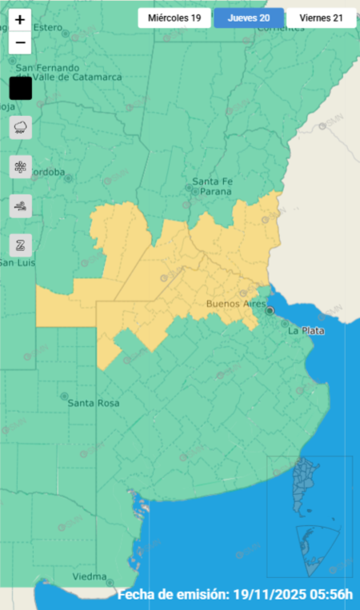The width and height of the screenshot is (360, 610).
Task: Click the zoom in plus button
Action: point(20,20)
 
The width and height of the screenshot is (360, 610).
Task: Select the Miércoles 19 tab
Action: point(174,18)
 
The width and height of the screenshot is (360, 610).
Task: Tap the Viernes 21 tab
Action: point(322,18)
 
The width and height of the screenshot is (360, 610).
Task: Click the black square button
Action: point(21,88)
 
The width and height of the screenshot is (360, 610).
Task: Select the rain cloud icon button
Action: point(21,127)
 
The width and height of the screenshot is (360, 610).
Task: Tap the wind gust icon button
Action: point(21,205)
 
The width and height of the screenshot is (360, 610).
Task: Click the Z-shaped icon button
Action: point(21,245)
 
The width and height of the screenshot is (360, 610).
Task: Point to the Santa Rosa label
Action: point(94,403)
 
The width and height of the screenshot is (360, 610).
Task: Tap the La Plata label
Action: point(306,330)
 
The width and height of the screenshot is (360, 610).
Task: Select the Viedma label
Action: point(89,576)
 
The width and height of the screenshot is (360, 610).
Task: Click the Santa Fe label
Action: point(212,181)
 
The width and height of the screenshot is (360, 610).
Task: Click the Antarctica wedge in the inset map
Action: point(313,548)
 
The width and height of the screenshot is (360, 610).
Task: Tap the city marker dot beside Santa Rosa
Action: point(64,395)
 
